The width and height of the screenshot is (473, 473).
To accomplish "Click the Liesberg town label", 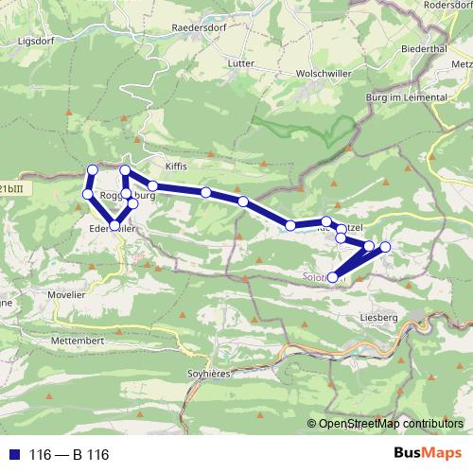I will click(x=378, y=318).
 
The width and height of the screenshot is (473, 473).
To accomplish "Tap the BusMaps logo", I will click(x=428, y=454).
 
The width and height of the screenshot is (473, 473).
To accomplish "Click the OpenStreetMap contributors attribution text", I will click(x=392, y=424).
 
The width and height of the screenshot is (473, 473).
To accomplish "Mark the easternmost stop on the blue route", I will click(x=385, y=247).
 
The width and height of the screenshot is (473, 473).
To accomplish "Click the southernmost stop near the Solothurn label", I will click(x=332, y=276).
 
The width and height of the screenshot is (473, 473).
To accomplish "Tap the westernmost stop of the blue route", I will click(x=87, y=194).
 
